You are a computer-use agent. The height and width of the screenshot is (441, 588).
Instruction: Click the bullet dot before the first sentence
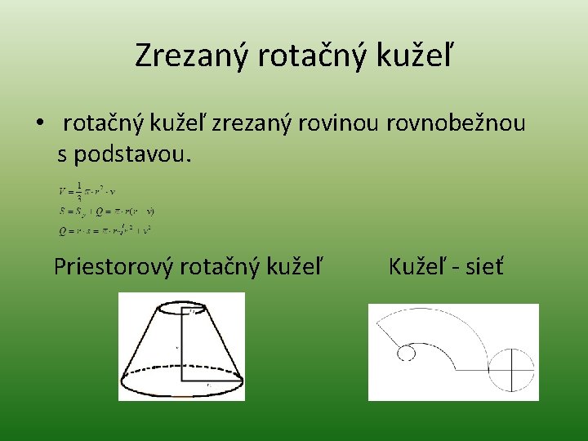pos(39,125)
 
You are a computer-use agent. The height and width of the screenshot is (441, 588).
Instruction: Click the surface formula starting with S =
pos(106,211)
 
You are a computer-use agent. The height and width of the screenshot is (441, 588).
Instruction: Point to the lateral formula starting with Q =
pos(105,230)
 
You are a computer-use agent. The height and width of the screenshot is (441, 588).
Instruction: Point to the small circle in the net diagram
pos(406,353)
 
